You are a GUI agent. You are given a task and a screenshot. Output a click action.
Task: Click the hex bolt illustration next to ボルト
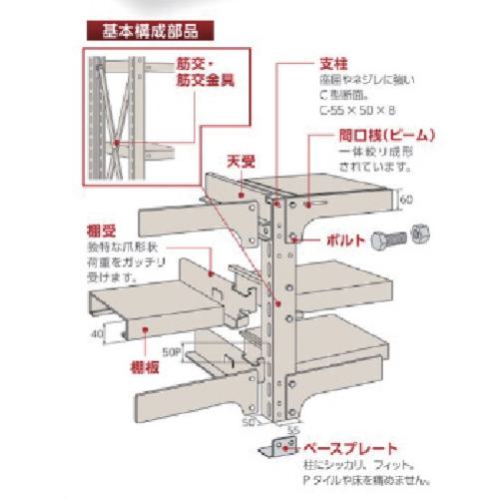(389, 241)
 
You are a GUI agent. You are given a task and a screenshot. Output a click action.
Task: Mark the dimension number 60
(407, 199)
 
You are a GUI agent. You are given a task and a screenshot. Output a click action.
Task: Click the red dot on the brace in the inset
(117, 142)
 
